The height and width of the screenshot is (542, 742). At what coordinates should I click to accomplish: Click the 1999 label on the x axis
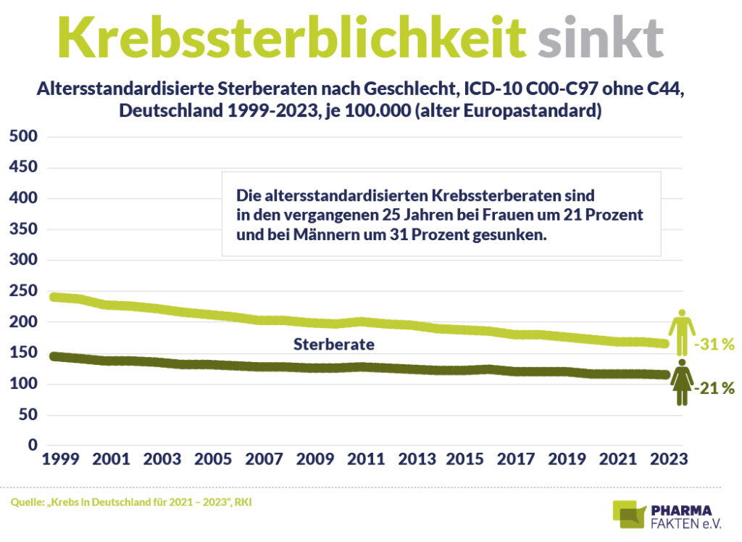coord(61,460)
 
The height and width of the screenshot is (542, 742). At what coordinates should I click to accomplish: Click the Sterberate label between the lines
coord(333,345)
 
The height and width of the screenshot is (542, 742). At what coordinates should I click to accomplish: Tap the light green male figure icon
coord(681,332)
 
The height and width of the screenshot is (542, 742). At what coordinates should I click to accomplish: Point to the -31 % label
coord(714,345)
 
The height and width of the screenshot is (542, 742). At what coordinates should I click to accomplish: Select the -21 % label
coord(714,389)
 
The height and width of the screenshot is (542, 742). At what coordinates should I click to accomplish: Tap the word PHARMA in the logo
coord(683,509)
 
